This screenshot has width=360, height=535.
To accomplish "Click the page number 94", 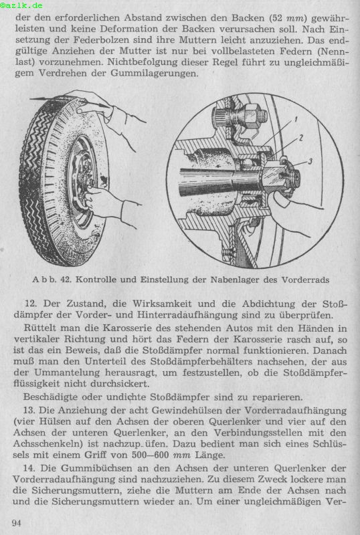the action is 17,522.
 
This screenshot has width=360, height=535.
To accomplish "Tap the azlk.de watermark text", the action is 22,5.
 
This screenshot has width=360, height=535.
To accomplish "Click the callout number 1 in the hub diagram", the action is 296,119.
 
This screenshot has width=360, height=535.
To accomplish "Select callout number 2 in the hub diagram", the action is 301,138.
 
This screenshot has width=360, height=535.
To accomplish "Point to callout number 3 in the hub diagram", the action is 310,160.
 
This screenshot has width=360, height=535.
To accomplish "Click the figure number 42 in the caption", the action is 66,280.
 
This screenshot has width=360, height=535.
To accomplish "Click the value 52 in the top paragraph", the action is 275,18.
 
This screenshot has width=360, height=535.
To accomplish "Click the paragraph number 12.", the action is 31,304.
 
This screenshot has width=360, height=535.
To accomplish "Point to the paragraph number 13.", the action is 29,410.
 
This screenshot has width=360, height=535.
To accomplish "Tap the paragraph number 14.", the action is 29,468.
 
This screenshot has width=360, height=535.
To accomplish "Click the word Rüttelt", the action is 41,328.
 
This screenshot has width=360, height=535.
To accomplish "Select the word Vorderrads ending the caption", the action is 305,280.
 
